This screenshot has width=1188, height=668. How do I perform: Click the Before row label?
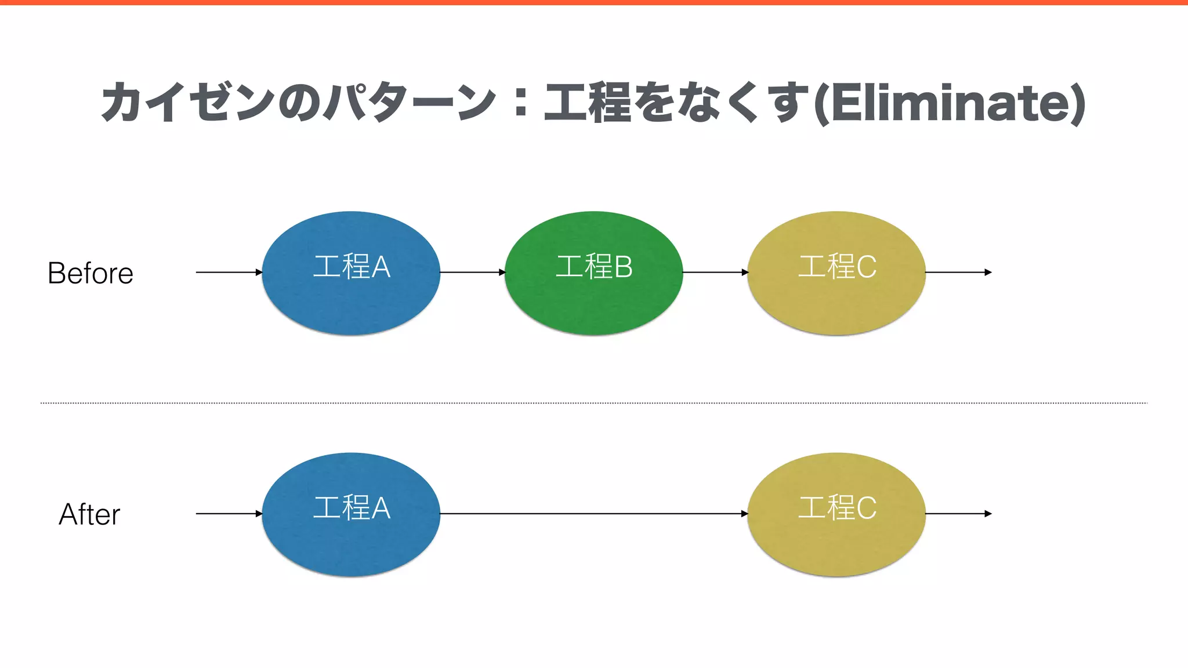(90, 273)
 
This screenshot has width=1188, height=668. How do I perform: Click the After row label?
(89, 514)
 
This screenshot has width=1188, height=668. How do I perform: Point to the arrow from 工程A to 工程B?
(472, 272)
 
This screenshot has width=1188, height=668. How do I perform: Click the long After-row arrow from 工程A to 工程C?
(593, 513)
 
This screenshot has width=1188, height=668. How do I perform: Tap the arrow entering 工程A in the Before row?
(229, 272)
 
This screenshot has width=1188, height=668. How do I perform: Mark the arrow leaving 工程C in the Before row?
(958, 272)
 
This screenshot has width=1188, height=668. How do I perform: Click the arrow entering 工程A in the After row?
(229, 513)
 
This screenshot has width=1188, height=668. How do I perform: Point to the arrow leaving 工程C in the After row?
(958, 513)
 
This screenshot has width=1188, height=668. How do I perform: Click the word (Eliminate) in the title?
(950, 103)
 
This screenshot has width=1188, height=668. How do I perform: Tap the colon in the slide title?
(520, 103)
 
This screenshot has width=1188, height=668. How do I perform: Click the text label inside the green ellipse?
(593, 267)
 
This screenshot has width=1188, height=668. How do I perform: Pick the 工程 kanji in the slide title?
(586, 103)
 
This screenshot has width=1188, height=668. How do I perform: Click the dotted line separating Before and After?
(593, 402)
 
